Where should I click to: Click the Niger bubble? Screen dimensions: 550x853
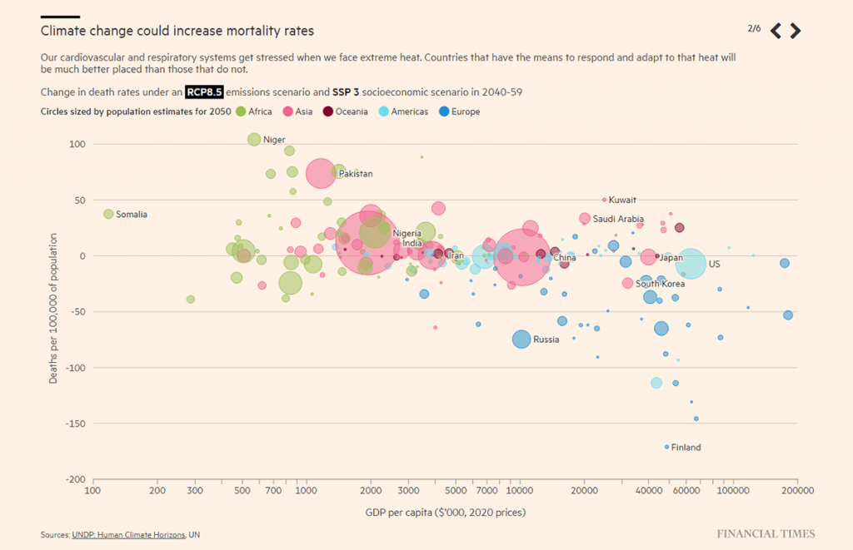click(x=254, y=139)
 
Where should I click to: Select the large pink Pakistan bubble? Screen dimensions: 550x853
click(x=321, y=173)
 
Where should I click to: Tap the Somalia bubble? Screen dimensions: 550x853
click(x=107, y=214)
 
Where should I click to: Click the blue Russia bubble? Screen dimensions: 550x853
click(x=521, y=339)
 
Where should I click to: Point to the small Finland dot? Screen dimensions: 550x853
click(x=666, y=447)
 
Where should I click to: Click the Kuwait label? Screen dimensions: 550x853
click(x=622, y=200)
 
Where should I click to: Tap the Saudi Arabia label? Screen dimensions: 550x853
click(x=618, y=219)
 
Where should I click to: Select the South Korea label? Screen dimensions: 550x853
click(x=660, y=284)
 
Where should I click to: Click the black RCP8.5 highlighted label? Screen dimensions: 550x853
click(x=204, y=92)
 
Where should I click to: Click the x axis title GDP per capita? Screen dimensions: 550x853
click(x=445, y=512)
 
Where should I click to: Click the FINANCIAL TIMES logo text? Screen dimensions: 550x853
click(x=766, y=533)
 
